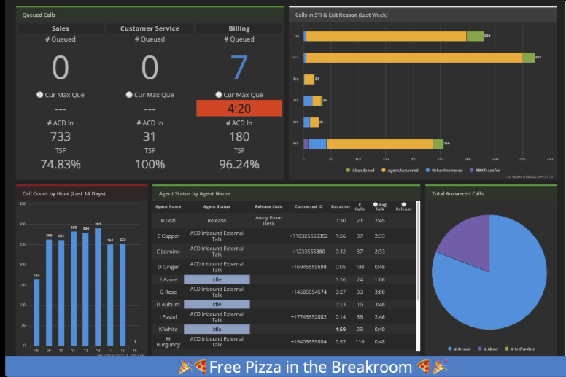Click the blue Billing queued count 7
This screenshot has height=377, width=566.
click(x=239, y=67)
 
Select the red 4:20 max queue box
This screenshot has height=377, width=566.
click(x=239, y=108)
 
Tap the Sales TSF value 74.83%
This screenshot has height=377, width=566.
click(x=61, y=164)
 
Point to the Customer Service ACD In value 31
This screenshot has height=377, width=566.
click(x=150, y=136)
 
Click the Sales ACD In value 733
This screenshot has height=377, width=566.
click(x=61, y=136)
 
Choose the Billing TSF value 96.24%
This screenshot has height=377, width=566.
click(x=239, y=164)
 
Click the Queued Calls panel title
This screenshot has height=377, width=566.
click(x=39, y=15)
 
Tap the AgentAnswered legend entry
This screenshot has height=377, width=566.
click(x=403, y=170)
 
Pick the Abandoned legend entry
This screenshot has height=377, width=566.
click(x=360, y=170)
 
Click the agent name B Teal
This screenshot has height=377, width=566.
click(x=168, y=220)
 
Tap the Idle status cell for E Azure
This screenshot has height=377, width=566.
click(x=217, y=279)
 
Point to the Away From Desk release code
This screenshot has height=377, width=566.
click(x=268, y=220)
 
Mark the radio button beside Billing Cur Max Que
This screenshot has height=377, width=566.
click(x=219, y=94)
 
